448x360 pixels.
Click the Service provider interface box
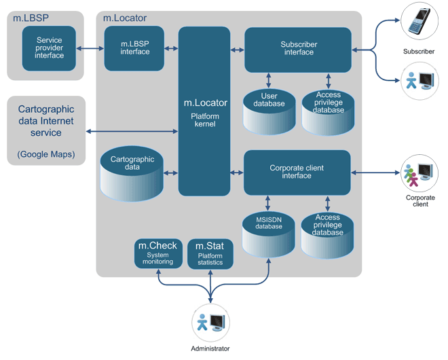49,48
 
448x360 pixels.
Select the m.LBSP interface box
134,48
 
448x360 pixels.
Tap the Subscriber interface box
297,49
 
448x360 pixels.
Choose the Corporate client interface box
297,172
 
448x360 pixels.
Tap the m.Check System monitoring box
157,253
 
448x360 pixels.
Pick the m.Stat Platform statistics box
210,253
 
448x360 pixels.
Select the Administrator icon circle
210,323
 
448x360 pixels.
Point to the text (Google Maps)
47,154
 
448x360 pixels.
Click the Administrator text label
210,348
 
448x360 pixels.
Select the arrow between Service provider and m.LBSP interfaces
90,48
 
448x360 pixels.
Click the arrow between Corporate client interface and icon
375,173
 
